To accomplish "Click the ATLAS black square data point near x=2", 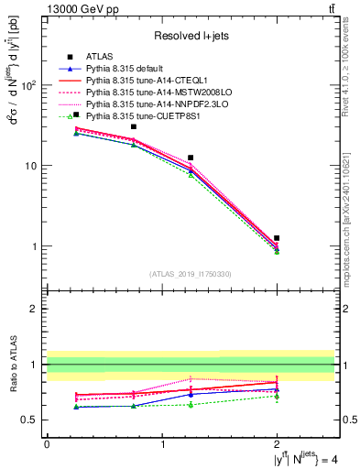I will (x=277, y=238).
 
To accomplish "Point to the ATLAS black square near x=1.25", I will (x=191, y=158).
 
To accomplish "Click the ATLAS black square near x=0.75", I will (x=134, y=126).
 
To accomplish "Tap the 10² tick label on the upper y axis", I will (x=25, y=85).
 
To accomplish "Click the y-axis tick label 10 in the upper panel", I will (x=27, y=166).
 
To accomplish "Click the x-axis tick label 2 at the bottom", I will (x=277, y=443).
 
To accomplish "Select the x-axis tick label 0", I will (x=47, y=443).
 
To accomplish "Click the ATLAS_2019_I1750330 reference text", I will (x=190, y=274).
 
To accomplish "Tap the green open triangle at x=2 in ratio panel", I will (x=277, y=397).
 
